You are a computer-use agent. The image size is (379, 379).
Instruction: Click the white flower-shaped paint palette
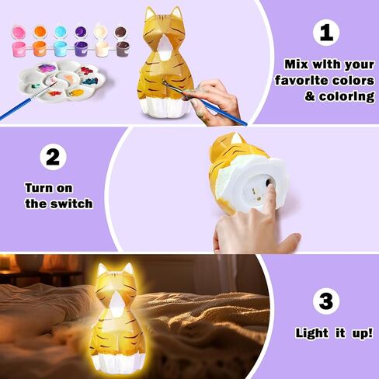tap(69, 82)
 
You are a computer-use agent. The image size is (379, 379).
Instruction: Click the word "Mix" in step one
tap(295, 64)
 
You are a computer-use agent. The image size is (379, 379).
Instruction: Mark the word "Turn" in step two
tap(41, 187)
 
